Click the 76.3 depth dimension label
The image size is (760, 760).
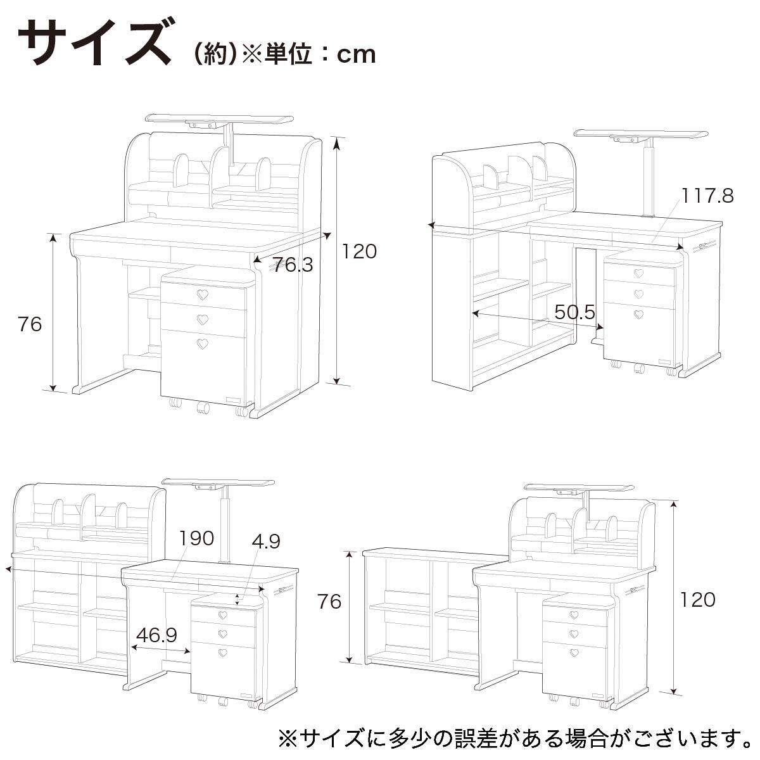(293, 265)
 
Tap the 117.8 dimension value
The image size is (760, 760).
(707, 195)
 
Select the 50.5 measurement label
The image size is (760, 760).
(574, 312)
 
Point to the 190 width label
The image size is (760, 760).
(196, 538)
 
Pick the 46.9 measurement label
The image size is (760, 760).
(156, 635)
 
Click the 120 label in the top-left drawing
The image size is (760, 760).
(359, 251)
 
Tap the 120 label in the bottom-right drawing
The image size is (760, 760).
(698, 600)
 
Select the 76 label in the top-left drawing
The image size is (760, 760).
(30, 324)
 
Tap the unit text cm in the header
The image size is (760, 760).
(357, 54)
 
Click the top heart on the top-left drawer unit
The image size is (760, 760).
(202, 294)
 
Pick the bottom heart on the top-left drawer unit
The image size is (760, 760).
(202, 343)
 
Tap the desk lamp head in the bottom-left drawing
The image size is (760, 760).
(218, 484)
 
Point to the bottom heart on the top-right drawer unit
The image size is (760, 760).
(638, 314)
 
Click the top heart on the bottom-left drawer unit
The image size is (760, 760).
(223, 614)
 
